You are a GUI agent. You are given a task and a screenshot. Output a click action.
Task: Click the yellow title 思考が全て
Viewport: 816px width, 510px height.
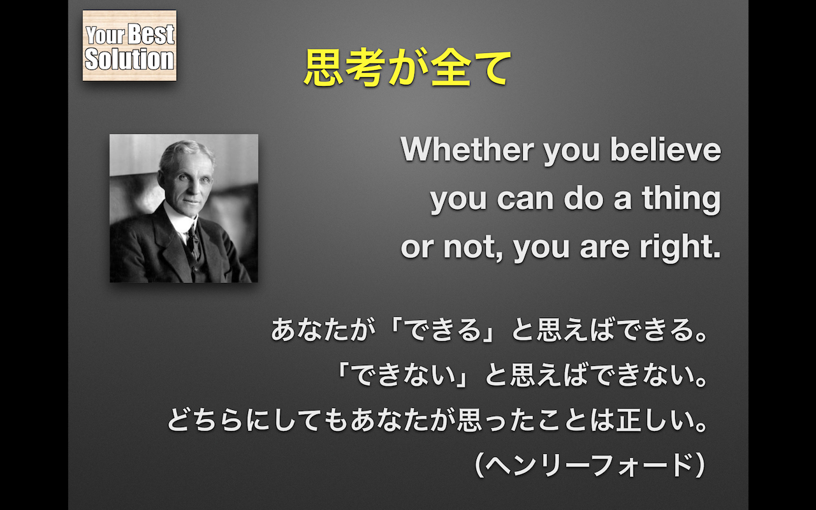407,68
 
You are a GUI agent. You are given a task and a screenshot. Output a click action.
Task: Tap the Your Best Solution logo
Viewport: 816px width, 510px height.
129,45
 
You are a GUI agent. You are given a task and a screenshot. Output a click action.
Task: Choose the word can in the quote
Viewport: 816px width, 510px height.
525,200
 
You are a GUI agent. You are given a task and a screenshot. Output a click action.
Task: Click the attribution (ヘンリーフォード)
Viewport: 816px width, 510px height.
590,465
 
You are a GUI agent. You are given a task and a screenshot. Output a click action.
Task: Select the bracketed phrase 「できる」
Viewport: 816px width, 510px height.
442,330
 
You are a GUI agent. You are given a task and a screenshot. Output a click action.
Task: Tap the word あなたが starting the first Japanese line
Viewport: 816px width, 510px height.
323,330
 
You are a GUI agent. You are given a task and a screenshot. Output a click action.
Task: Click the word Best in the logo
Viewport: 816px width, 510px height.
151,34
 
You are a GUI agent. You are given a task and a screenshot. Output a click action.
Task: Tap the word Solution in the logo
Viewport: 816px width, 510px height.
129,59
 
